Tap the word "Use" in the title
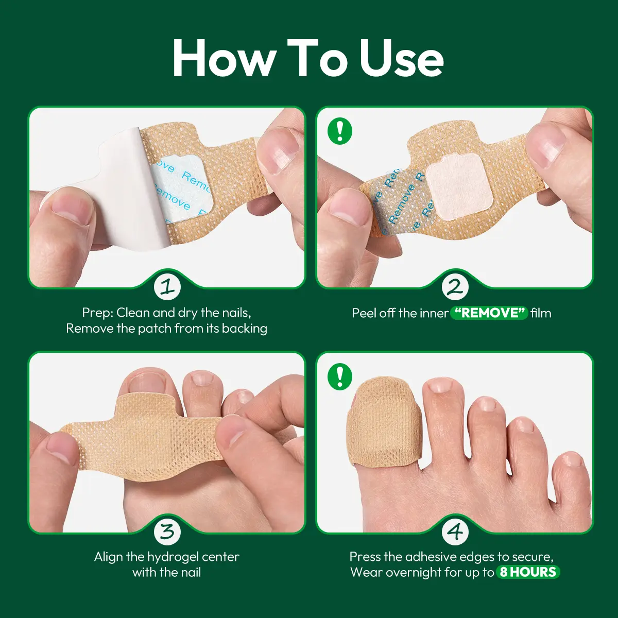[x=401, y=59]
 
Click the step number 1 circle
[x=167, y=287]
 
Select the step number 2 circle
[x=455, y=287]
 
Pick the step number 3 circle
[x=167, y=531]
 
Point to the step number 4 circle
[x=455, y=531]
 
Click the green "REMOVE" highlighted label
[x=489, y=313]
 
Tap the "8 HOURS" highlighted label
[x=528, y=572]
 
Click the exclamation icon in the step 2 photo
[x=339, y=131]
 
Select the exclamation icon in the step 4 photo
[x=339, y=376]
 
